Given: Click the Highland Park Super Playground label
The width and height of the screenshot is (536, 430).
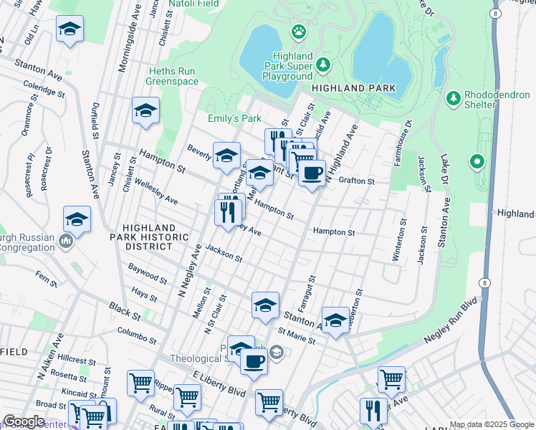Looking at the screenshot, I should pos(292,66).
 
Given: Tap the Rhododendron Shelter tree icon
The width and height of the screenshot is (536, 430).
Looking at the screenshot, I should pos(453,97).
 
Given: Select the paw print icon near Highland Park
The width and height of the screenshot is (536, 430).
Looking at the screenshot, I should pos(298,31).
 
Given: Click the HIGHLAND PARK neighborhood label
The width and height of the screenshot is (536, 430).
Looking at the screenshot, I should pos(353,88).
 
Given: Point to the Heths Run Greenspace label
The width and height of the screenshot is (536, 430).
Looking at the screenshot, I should pos(172,76).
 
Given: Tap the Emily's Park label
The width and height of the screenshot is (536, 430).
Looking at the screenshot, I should pos(235,118).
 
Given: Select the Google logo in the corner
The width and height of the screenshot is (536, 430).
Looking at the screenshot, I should pos(24,421).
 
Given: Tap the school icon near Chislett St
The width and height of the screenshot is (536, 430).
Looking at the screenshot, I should pos(145,110).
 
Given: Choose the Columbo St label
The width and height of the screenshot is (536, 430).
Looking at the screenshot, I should pos(137,335).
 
